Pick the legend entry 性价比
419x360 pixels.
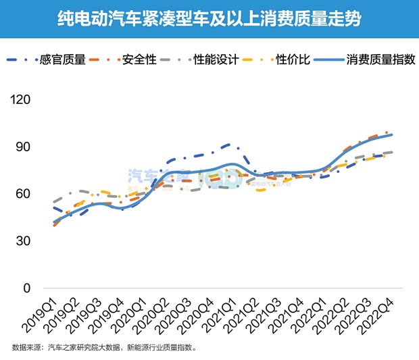(293, 60)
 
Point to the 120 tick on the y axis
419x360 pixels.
(22, 100)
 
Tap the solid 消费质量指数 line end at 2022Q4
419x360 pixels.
(392, 135)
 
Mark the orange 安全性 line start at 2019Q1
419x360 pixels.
(54, 226)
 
